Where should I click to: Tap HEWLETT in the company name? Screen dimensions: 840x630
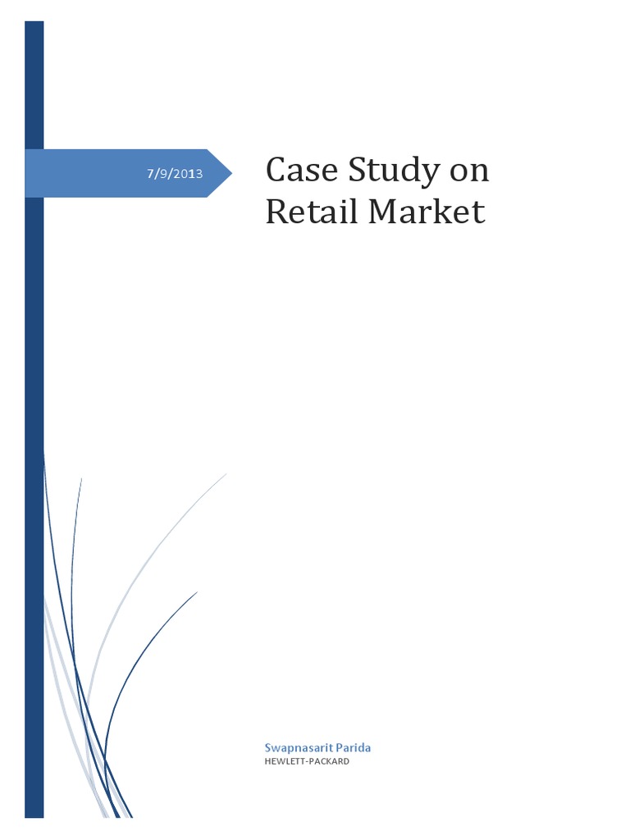point(283,761)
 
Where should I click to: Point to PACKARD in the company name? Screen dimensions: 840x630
point(330,761)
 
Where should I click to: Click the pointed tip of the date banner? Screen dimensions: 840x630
point(231,173)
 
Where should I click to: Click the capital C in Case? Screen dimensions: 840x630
point(276,171)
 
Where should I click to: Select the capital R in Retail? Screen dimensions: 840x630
point(276,212)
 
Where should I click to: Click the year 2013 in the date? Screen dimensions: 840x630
point(189,174)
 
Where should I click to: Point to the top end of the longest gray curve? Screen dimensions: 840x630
point(226,473)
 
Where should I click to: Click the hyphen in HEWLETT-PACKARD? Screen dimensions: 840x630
point(305,761)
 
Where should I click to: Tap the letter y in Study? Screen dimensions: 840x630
point(431,175)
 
